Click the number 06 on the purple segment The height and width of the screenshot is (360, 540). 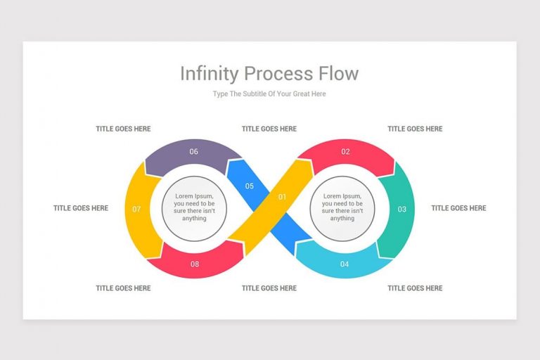point(193,151)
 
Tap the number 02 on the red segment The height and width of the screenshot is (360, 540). point(345,151)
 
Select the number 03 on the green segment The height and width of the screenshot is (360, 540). point(401,209)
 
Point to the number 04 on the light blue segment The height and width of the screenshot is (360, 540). point(345,264)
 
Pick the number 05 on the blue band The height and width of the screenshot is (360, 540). point(249,186)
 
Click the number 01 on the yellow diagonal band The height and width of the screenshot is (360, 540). point(283,197)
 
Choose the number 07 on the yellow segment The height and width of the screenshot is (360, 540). point(136,209)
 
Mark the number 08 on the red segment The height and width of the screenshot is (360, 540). point(194,264)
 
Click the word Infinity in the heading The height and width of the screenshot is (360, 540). point(207,73)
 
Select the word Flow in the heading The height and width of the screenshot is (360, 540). point(336,73)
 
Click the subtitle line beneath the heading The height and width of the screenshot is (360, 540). point(269,94)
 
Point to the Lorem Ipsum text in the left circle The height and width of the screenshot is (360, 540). point(194,207)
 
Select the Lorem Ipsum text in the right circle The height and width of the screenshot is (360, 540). point(342,207)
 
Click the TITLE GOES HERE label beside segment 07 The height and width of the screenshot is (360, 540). point(81,208)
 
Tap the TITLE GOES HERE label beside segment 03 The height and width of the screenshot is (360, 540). point(458,208)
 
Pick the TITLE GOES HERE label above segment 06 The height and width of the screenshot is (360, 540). point(123,129)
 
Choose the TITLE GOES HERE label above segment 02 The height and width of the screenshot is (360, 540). point(415,129)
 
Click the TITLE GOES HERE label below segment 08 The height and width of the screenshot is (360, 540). point(123,288)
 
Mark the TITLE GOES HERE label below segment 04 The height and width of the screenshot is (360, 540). point(415,288)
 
